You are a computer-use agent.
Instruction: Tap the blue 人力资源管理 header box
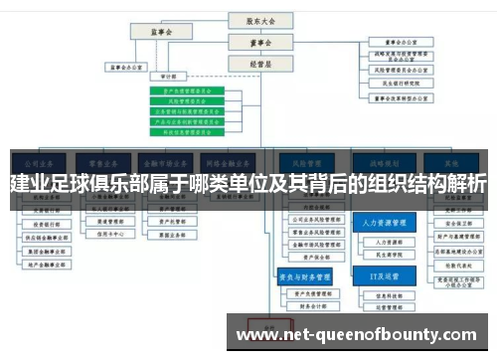(x=381, y=224)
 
